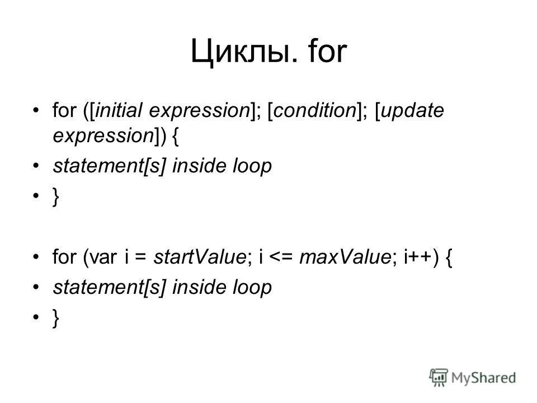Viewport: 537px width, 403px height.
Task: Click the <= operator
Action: pyautogui.click(x=282, y=258)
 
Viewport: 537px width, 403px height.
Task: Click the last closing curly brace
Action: pyautogui.click(x=55, y=318)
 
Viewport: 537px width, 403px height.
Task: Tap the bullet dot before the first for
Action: pyautogui.click(x=37, y=111)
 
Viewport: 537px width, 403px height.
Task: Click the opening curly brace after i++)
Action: pyautogui.click(x=449, y=258)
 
